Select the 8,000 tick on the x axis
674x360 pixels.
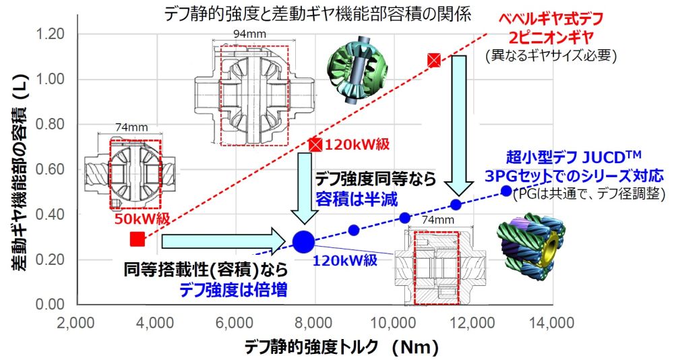click(x=315, y=324)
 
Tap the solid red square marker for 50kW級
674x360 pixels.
click(x=137, y=239)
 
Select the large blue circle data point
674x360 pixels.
click(x=303, y=240)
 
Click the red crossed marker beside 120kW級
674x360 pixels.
click(x=315, y=144)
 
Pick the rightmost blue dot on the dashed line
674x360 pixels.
click(x=507, y=191)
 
